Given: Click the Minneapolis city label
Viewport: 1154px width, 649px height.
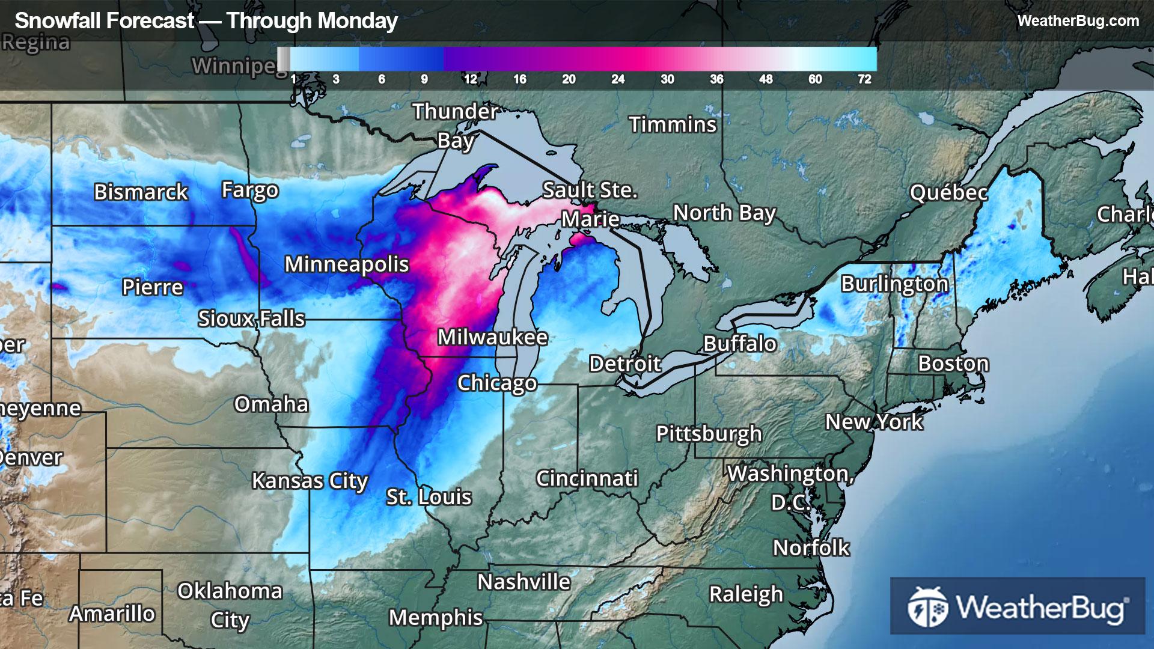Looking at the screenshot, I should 346,264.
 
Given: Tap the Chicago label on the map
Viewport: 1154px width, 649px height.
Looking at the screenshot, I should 496,383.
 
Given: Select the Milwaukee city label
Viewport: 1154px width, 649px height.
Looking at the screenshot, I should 492,337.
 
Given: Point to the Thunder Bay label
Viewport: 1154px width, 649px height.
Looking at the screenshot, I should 455,126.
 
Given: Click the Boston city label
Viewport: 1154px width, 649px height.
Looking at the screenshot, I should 953,364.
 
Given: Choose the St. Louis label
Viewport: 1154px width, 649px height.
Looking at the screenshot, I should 429,497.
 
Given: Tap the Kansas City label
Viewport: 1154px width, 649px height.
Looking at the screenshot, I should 310,481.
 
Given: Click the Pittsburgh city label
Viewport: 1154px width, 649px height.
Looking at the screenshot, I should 709,433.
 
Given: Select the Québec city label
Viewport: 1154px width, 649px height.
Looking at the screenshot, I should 948,192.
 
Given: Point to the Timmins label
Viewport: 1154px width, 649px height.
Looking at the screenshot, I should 673,124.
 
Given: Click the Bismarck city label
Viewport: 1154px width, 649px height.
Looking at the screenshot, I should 141,192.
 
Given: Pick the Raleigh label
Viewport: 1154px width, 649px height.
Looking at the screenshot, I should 746,594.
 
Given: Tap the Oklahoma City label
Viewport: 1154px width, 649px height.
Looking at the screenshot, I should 230,605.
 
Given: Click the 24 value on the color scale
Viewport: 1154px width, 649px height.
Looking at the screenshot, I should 617,79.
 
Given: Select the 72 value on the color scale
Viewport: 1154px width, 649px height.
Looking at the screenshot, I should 864,79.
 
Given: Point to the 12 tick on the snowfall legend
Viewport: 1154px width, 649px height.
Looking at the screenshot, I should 470,79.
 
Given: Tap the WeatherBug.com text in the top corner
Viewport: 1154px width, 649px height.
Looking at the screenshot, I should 1078,21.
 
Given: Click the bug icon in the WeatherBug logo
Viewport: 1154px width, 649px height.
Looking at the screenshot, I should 927,607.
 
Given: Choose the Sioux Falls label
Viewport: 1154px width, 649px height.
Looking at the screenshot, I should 251,318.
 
